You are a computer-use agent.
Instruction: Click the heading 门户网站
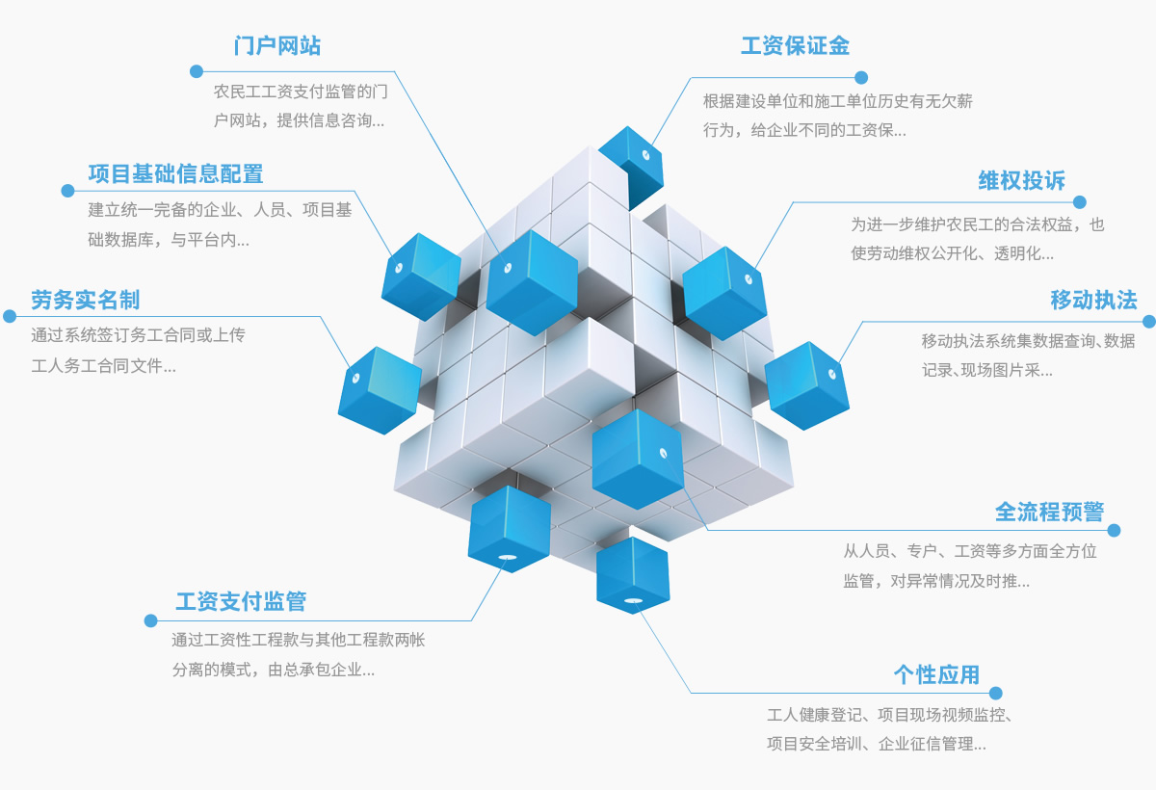(277, 45)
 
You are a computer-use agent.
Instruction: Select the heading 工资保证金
(795, 45)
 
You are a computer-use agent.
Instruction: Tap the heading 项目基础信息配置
(175, 173)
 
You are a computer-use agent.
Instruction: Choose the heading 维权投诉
(1022, 180)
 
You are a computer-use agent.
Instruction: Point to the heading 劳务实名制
(85, 300)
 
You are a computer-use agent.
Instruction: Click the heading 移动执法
(1093, 300)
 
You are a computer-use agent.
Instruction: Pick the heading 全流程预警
(1049, 511)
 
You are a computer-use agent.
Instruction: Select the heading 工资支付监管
(241, 601)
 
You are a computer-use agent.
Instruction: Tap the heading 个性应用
(936, 674)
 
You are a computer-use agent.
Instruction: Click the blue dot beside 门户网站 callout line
(197, 71)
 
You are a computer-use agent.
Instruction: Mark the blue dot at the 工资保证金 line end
(861, 77)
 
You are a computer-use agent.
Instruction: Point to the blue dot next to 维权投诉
(1080, 202)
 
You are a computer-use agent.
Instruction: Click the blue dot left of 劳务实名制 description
(10, 316)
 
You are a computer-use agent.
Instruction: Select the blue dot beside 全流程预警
(1115, 530)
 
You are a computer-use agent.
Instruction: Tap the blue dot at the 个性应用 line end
(995, 693)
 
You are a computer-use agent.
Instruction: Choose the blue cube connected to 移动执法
(806, 383)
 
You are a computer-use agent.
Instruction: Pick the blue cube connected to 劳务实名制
(379, 388)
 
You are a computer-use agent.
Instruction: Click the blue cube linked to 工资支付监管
(509, 528)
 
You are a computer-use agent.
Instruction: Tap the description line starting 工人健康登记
(888, 715)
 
